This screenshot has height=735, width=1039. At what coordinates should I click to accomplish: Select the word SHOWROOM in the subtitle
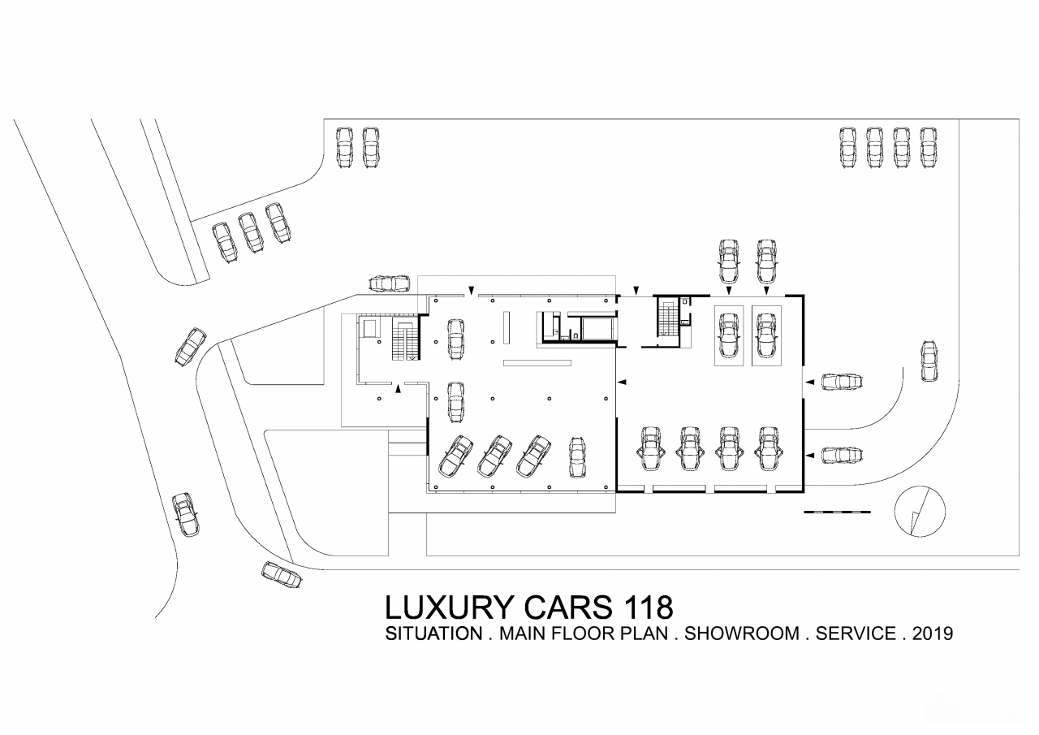coord(742,633)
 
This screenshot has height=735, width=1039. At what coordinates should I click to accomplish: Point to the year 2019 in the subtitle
coord(933,633)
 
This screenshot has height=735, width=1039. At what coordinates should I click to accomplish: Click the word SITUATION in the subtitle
coord(433,633)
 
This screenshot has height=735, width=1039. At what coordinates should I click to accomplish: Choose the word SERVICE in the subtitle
coord(856,633)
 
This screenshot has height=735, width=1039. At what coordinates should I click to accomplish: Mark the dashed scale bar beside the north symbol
coord(837,512)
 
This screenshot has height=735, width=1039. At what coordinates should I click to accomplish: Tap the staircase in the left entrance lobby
coord(405,339)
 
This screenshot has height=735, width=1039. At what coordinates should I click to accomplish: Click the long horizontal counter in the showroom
coord(537,362)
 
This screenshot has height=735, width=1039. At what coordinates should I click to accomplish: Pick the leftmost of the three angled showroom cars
coord(455,456)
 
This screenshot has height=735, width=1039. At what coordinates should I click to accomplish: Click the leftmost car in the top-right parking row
coord(847,148)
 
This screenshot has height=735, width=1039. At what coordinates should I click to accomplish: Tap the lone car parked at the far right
coord(929,361)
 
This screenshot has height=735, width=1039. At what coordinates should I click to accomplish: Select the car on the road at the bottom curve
coord(282,575)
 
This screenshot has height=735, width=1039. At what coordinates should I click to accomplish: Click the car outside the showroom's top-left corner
coord(389,283)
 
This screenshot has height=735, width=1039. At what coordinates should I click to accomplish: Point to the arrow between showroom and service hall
coord(623,382)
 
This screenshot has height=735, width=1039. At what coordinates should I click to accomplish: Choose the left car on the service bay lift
coord(729,335)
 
